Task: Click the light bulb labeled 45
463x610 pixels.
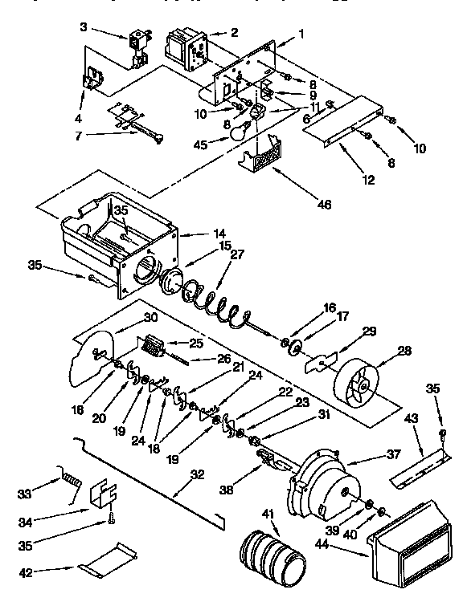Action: click(236, 134)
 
